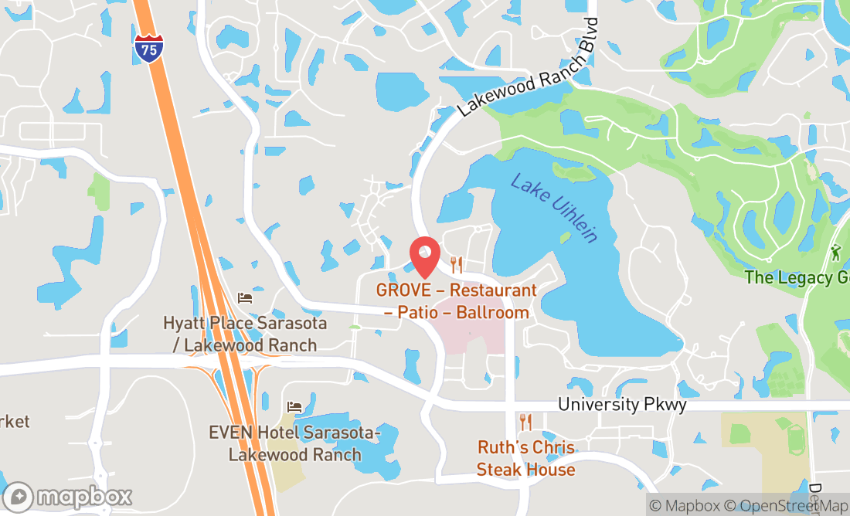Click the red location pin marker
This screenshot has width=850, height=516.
[424, 256]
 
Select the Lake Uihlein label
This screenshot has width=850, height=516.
[555, 207]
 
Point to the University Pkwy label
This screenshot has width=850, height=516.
[622, 404]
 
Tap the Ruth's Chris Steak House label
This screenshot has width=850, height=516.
[525, 458]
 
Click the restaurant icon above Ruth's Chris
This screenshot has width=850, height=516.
[526, 422]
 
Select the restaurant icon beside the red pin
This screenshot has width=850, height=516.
[457, 266]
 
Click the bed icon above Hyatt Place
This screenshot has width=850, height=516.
[245, 297]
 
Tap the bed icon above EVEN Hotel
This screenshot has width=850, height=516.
[294, 406]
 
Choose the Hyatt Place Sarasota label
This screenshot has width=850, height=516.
[245, 334]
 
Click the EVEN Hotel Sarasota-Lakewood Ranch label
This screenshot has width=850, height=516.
[294, 443]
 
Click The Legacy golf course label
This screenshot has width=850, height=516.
[797, 277]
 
